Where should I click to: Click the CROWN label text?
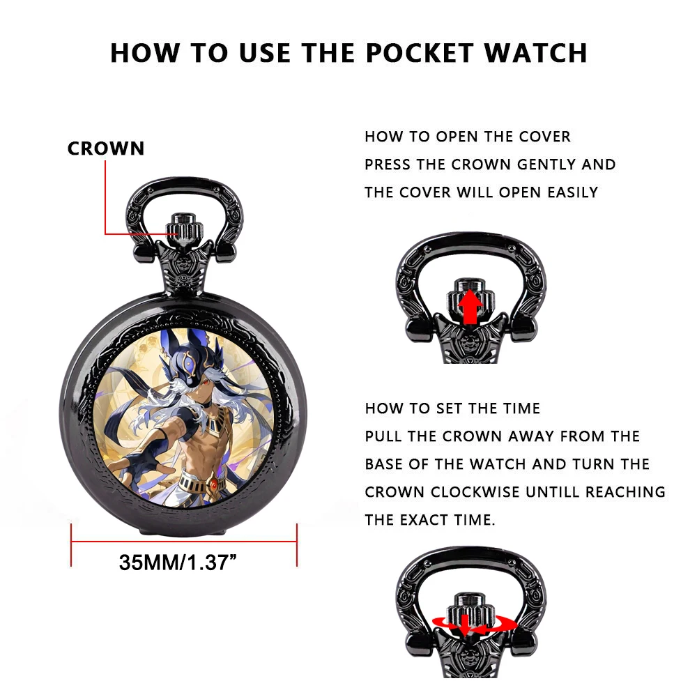pos(106,148)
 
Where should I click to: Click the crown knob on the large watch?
pos(183,227)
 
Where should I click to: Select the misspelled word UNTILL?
pos(553,492)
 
